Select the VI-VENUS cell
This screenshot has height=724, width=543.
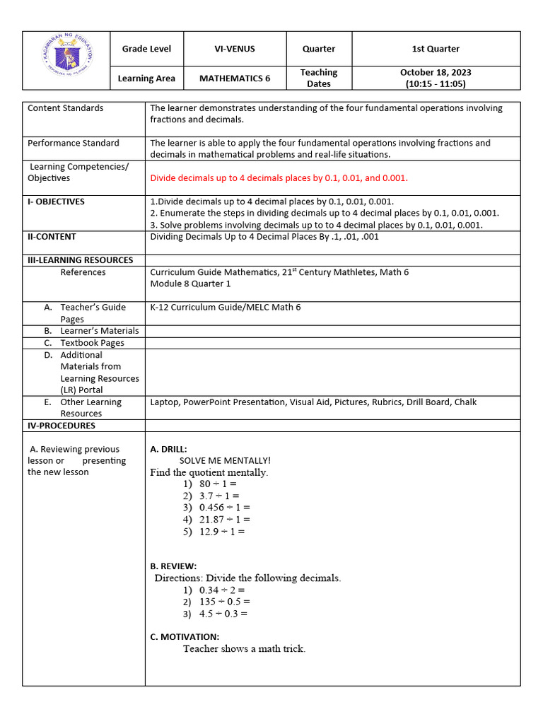coord(235,49)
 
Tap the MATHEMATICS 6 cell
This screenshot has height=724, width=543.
coord(235,78)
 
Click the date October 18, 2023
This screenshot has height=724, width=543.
coord(436,72)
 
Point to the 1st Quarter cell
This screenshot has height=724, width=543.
coord(436,49)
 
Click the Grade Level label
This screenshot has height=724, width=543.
coord(146,49)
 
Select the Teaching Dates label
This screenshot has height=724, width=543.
coord(318,78)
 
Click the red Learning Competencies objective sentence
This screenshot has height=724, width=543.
coord(279,178)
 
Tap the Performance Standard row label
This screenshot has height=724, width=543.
coord(74,143)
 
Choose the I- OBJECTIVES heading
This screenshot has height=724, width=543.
coord(56,202)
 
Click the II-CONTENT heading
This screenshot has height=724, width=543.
coord(52,237)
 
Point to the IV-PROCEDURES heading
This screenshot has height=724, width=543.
coord(61,426)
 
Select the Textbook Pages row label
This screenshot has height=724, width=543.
coord(92,343)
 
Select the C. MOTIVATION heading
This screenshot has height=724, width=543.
coord(185,636)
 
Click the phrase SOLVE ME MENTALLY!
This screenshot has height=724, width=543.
coord(225,460)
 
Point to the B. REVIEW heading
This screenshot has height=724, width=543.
coord(173,566)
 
